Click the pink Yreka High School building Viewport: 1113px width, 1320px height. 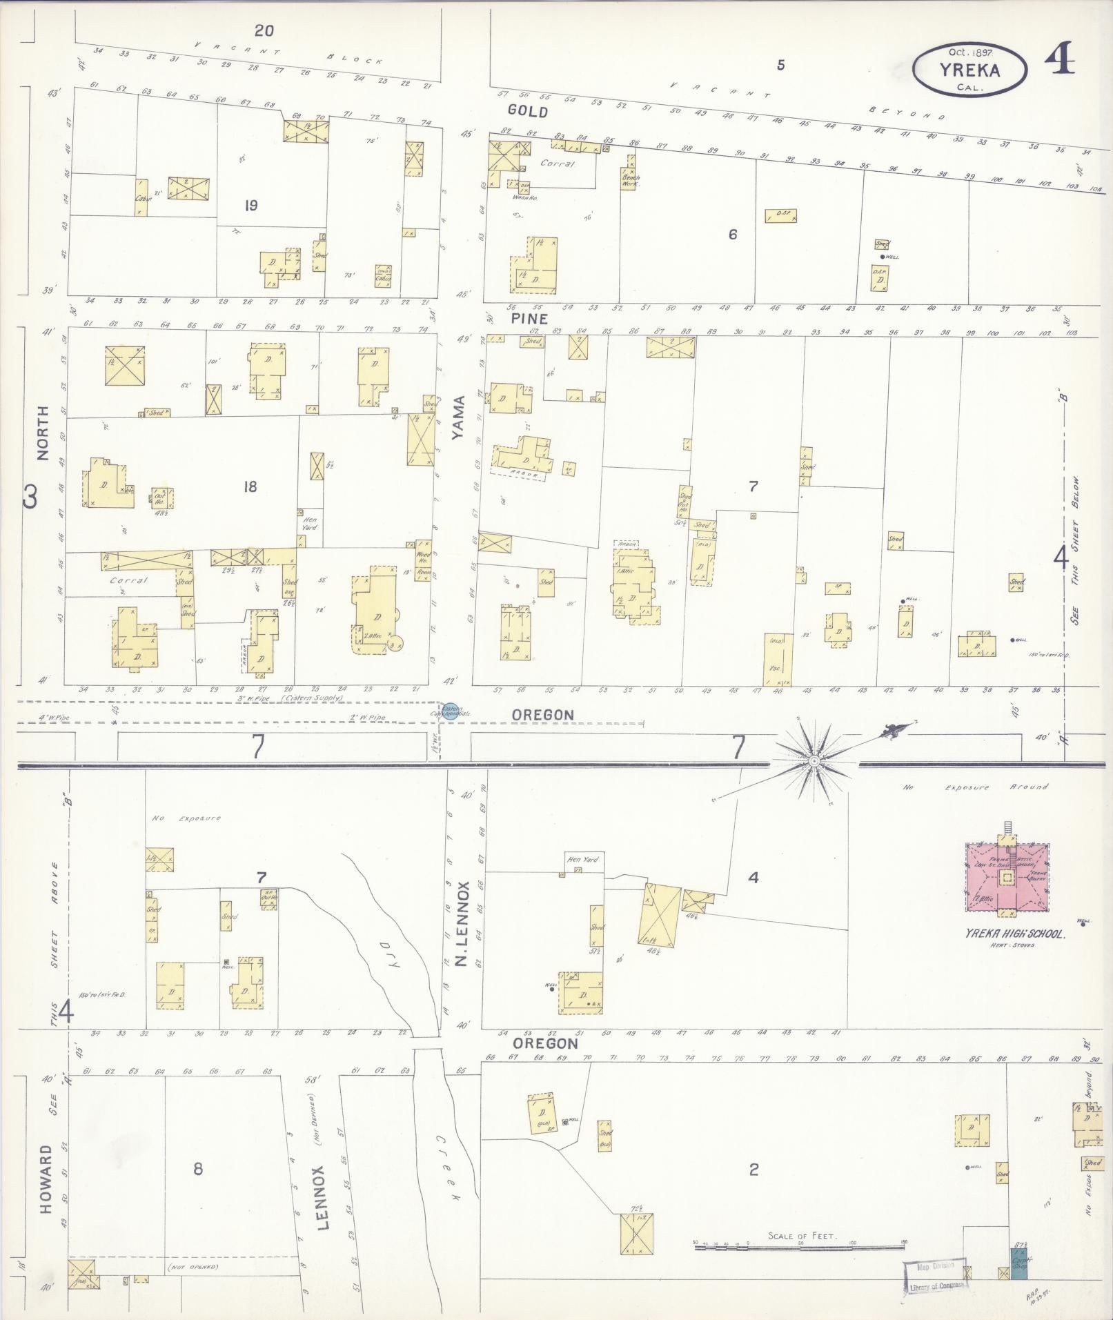[x=1007, y=878]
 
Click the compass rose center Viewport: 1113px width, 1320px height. [x=814, y=760]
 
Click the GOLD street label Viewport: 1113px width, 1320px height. [x=527, y=111]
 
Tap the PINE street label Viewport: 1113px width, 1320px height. [x=529, y=319]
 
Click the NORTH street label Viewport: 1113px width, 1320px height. [x=43, y=433]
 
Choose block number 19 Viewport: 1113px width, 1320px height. [x=250, y=205]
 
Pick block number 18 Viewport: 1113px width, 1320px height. [x=250, y=486]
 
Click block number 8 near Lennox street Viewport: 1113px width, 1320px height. [x=198, y=1169]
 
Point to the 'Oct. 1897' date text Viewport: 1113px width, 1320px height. [x=969, y=52]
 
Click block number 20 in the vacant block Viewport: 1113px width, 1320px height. [x=264, y=30]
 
